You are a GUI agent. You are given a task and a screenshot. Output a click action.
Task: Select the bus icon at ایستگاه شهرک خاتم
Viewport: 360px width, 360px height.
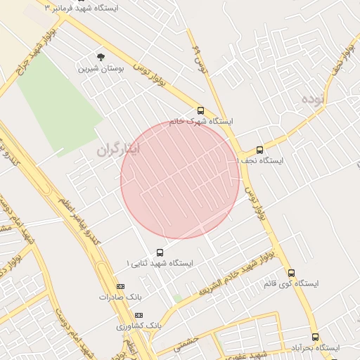[200, 110]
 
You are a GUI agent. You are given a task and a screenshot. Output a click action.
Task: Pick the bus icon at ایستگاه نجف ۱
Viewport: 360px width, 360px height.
[259, 150]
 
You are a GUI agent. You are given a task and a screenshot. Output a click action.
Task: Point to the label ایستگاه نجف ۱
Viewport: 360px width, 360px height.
[260, 161]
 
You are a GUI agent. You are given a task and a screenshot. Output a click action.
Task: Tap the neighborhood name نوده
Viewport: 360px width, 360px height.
[314, 98]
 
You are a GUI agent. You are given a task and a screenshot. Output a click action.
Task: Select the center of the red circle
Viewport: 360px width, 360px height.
[181, 179]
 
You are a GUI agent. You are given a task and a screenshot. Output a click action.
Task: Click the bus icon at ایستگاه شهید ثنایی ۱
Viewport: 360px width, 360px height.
[160, 252]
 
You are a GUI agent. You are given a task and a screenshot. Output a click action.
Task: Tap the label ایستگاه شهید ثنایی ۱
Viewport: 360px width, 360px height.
[160, 263]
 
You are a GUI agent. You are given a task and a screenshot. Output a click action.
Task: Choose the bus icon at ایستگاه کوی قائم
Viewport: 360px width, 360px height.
[291, 273]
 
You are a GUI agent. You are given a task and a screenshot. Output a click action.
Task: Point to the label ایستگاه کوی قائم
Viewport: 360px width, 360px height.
[291, 284]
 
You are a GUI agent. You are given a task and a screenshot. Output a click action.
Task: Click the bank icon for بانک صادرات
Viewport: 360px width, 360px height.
[120, 286]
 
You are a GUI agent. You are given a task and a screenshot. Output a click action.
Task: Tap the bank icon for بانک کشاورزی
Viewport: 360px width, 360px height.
[139, 315]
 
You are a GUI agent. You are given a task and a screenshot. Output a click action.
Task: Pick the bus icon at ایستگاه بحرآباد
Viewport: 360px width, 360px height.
[315, 337]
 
